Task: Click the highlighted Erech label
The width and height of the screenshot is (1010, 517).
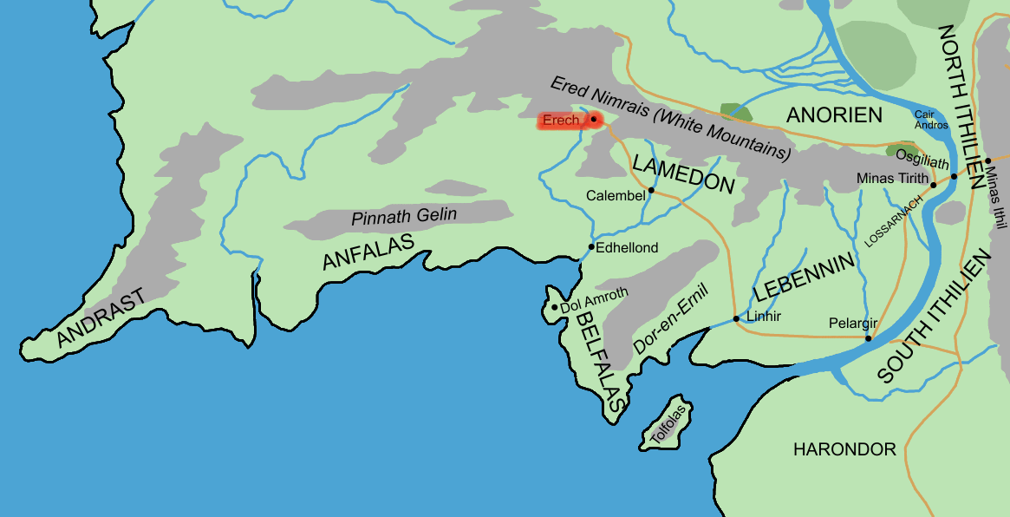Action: [561, 121]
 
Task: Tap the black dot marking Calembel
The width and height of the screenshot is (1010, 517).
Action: [651, 189]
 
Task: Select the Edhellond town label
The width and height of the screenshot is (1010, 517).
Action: [628, 248]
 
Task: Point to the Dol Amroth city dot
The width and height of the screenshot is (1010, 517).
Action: [554, 307]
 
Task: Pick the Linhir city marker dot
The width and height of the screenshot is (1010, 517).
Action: [736, 319]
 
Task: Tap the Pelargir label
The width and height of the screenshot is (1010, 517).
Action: [853, 323]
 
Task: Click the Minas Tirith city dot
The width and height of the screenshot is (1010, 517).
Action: [934, 185]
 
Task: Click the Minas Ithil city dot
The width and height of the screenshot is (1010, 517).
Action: [987, 160]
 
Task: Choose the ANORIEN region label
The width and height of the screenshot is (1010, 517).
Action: [833, 115]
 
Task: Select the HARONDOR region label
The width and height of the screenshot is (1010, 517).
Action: [844, 449]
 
